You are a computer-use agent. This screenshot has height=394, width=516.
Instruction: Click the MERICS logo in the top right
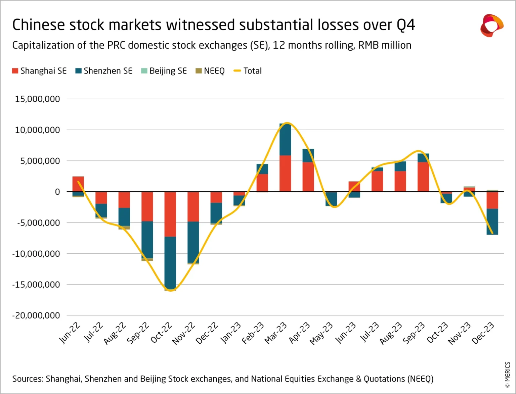coord(491,26)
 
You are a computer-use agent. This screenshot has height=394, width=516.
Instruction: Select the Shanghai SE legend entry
coord(39,71)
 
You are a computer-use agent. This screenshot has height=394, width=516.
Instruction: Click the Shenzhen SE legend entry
coord(104,71)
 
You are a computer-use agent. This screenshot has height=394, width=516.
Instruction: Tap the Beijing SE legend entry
coord(164,71)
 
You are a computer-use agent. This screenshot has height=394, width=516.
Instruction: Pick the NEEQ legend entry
coord(210,71)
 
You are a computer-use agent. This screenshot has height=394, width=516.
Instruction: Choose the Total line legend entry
coord(248,71)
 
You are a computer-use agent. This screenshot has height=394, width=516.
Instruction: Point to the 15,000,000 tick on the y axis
coord(37,99)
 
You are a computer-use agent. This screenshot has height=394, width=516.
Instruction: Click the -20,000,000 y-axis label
coord(36,315)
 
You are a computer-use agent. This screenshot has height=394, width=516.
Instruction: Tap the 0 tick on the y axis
coord(57,192)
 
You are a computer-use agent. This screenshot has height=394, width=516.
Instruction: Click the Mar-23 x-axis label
coord(276,333)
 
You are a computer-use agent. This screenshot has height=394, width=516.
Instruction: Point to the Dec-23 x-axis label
coord(483,333)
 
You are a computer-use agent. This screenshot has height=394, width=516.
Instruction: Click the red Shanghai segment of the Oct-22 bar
coord(170,214)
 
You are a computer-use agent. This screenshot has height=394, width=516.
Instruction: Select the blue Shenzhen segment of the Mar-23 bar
coord(285,140)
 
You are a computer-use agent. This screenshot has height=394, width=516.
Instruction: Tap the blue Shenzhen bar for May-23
coord(331,199)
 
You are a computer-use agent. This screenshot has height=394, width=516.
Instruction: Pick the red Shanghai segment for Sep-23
coord(423,177)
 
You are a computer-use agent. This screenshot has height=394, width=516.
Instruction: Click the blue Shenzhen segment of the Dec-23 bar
coord(492,221)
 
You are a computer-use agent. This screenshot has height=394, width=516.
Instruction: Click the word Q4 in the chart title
coord(405,25)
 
